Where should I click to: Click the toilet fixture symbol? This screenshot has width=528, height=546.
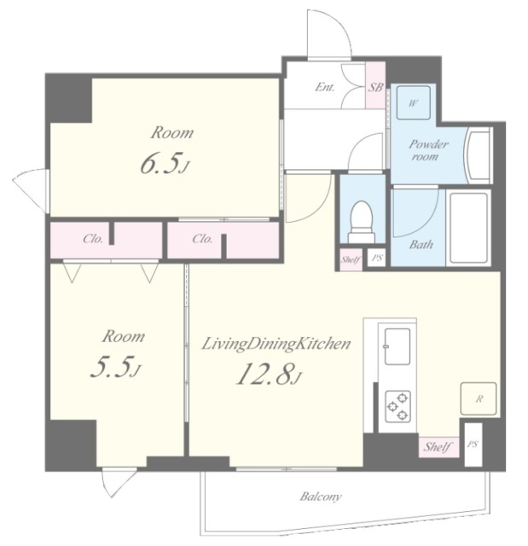[x=363, y=221]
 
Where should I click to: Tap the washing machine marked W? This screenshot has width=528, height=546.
[x=414, y=103]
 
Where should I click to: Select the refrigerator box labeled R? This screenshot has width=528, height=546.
[x=479, y=398]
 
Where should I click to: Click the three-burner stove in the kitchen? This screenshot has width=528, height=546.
[x=397, y=406]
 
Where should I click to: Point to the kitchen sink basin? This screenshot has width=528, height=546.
[x=397, y=346]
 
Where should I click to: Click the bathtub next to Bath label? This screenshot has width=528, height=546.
[x=468, y=228]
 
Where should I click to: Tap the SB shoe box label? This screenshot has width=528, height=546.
[x=375, y=87]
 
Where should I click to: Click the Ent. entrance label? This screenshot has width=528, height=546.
[x=324, y=87]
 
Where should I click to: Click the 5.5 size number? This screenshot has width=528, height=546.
[x=111, y=368]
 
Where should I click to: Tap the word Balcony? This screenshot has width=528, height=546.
[x=321, y=497]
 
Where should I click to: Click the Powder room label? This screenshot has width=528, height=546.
[x=428, y=150]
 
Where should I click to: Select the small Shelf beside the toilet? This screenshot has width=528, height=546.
[x=351, y=259]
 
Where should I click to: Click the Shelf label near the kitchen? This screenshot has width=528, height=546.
[x=438, y=447]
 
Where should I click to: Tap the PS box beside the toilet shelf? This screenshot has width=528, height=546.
[x=377, y=258]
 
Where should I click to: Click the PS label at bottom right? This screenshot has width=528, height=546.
[x=473, y=444]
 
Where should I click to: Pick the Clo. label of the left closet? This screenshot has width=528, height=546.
[x=93, y=239]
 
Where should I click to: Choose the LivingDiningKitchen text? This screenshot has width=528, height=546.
[x=276, y=345]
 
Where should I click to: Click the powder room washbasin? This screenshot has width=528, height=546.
[x=479, y=155]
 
